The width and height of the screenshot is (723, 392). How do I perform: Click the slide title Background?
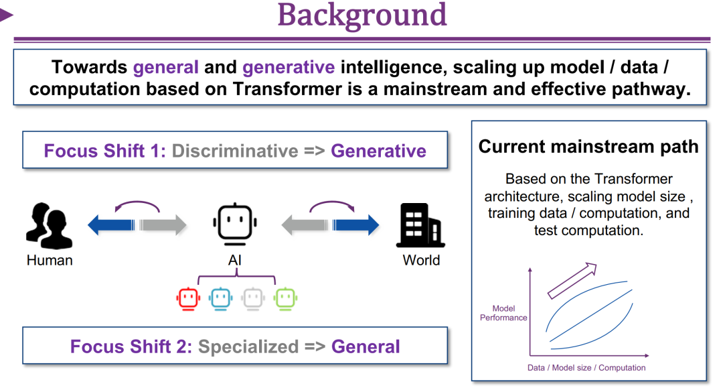tap(362, 15)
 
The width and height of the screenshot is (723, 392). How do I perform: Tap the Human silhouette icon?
tap(49, 224)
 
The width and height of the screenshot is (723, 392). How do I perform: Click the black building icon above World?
tap(420, 225)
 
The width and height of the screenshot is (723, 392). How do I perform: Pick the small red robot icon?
tap(189, 298)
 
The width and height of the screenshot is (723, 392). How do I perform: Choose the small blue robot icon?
tap(220, 298)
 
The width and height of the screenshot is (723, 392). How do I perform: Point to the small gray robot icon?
tap(252, 298)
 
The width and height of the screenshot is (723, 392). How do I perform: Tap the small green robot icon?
tap(285, 298)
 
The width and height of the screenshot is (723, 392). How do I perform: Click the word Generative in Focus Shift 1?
tap(378, 151)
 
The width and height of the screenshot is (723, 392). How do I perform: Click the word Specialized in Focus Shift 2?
tap(248, 346)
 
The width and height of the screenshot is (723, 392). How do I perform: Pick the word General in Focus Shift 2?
tap(366, 346)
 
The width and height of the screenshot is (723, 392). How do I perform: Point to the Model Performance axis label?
tap(503, 313)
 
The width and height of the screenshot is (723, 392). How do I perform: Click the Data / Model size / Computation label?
tap(586, 367)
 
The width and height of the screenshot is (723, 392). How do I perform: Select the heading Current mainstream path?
tap(588, 147)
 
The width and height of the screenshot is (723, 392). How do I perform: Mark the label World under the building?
tap(421, 260)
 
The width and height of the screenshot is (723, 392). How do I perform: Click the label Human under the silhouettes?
tap(50, 260)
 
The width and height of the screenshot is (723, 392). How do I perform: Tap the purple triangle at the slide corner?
tap(6, 14)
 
